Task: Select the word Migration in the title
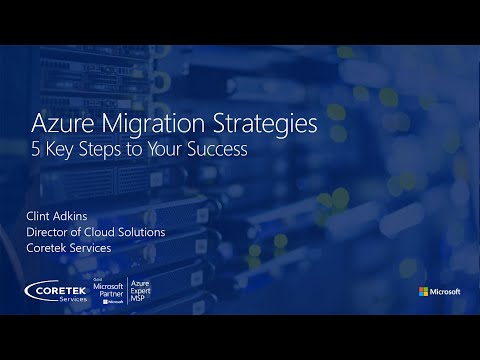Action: (x=154, y=127)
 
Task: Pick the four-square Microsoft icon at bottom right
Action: (x=424, y=292)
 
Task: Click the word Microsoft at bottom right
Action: (x=446, y=292)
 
